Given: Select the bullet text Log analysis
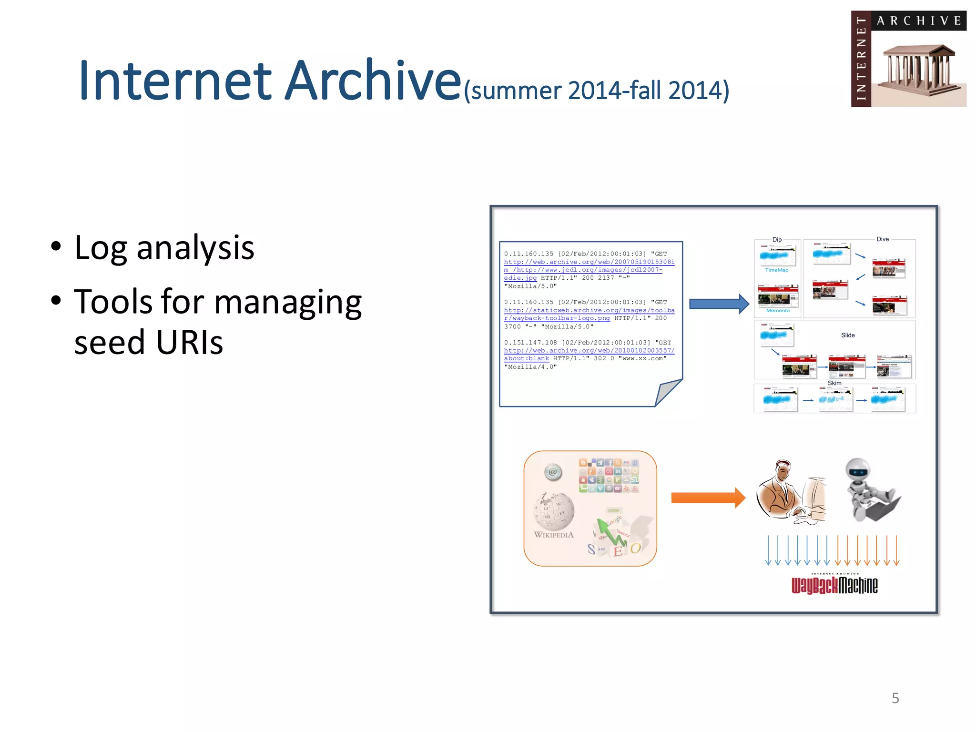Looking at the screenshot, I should pos(164,248).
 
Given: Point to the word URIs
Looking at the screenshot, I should pos(189,342).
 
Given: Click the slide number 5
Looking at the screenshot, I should pos(895,698).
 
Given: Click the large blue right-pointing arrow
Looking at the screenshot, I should pos(719,304).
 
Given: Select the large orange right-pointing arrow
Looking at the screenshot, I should pos(708,498).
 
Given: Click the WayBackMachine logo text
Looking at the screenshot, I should pos(834,585).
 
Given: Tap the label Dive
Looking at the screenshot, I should pos(882,239).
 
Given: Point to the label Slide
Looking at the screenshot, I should pos(847,335).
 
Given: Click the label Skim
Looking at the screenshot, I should pos(834,383).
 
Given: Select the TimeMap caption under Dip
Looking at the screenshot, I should pos(776,270).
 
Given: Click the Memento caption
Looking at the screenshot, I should pos(778,311).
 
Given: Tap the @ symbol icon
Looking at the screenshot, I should pos(553,472).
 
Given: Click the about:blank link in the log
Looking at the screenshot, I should pos(526,358).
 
